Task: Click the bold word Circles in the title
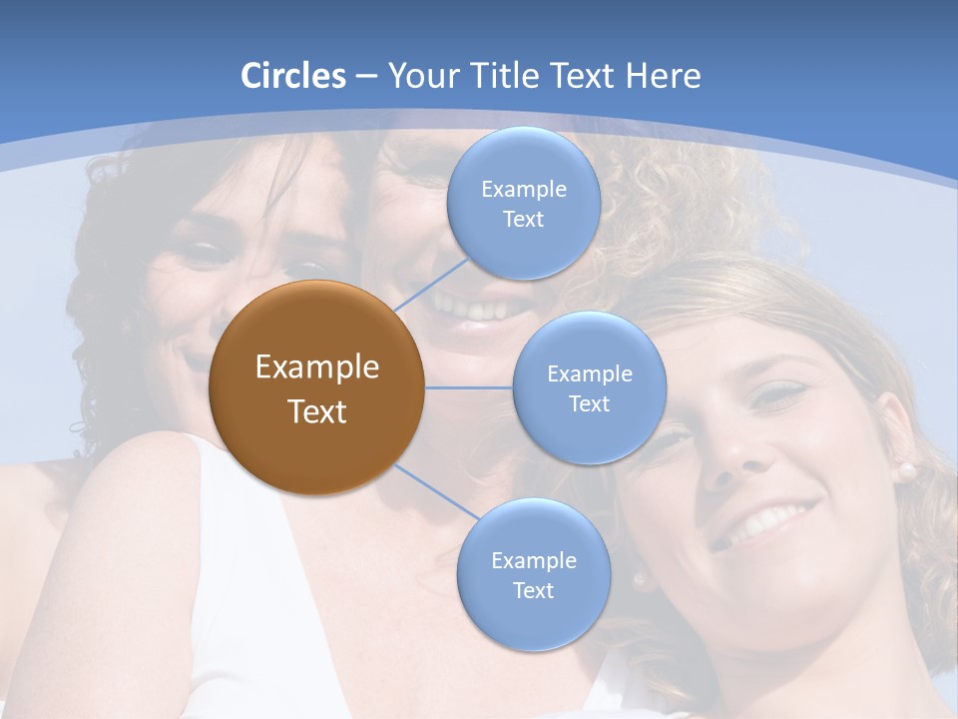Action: pyautogui.click(x=293, y=76)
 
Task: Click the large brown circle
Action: pyautogui.click(x=316, y=387)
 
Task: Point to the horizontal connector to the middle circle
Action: pyautogui.click(x=468, y=387)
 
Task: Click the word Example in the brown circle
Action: pyautogui.click(x=316, y=367)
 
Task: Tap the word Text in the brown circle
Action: pyautogui.click(x=316, y=411)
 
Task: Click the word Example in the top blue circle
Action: pyautogui.click(x=523, y=190)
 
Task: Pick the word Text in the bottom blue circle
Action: pyautogui.click(x=533, y=590)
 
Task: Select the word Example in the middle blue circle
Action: pyautogui.click(x=589, y=374)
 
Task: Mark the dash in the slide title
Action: pyautogui.click(x=366, y=77)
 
